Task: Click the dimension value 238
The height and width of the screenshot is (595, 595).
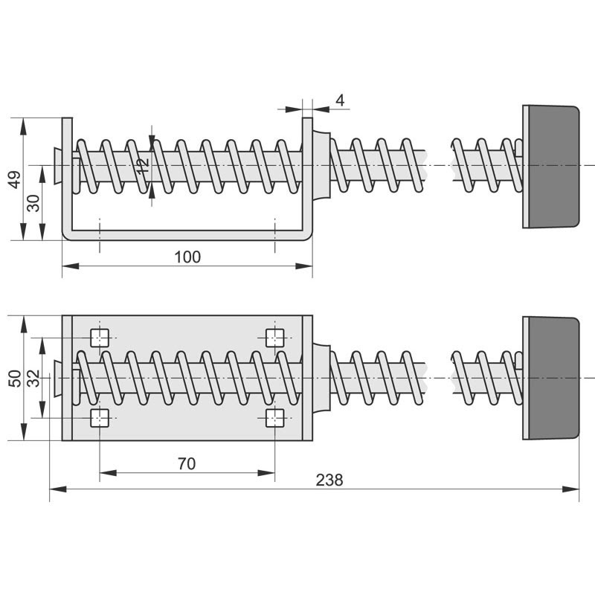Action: click(329, 480)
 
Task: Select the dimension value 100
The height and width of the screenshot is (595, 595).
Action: click(187, 257)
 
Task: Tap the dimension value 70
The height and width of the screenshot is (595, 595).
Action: click(187, 463)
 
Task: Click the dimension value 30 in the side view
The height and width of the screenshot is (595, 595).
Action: click(33, 202)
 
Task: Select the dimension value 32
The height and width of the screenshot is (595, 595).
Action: click(33, 378)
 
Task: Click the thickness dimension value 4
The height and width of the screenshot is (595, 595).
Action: click(340, 100)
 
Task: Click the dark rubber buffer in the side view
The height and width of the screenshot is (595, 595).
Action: click(552, 166)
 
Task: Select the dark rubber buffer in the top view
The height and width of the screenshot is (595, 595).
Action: click(552, 378)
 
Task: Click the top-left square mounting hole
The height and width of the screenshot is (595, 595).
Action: click(100, 338)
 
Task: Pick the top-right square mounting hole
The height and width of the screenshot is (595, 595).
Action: click(275, 338)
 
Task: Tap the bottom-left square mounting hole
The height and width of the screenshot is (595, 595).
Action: click(100, 418)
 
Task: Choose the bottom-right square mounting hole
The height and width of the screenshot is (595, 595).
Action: click(275, 418)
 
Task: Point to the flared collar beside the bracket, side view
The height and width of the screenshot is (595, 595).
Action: click(321, 165)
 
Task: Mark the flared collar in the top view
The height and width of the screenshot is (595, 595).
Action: click(321, 378)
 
